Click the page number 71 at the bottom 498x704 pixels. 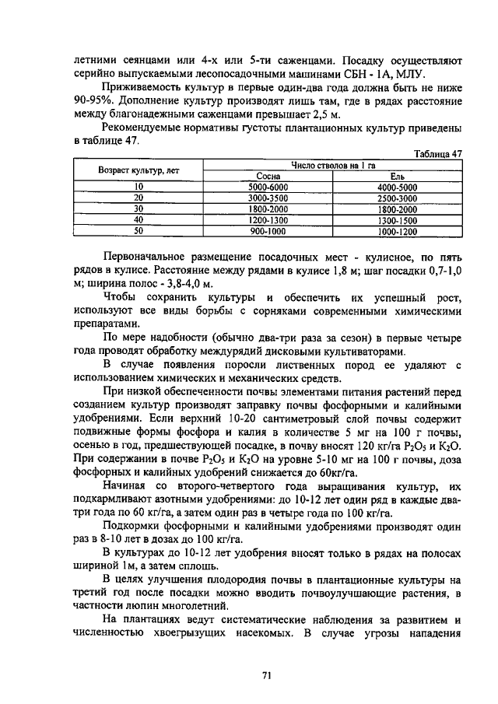click(265, 675)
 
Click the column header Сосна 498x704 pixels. click(267, 177)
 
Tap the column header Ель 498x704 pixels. click(397, 177)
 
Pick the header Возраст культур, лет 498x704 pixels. click(139, 170)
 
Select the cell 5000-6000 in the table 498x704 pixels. click(267, 187)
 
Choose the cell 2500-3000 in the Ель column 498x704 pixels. click(397, 198)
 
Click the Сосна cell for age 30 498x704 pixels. click(267, 209)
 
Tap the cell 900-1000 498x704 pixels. click(267, 231)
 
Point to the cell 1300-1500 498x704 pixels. click(397, 220)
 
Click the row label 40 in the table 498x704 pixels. click(139, 220)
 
